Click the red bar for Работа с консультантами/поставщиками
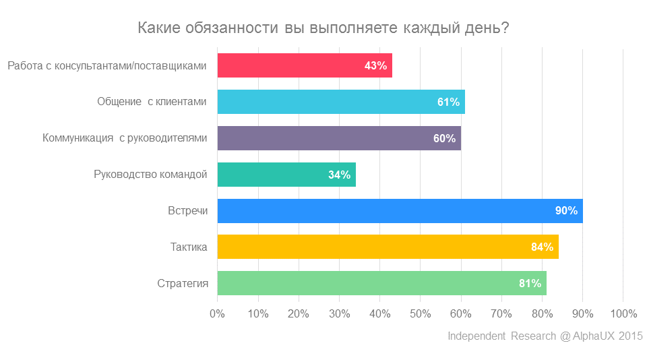[304, 65]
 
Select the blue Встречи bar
[400, 211]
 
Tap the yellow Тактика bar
[388, 247]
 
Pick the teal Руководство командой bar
[286, 175]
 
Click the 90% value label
[566, 211]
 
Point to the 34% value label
[339, 175]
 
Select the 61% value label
[448, 102]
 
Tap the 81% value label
[530, 284]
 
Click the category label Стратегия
[182, 284]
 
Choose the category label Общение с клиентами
[152, 102]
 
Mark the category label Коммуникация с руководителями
[125, 139]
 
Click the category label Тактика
[189, 247]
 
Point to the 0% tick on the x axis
[217, 313]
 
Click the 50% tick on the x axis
[420, 313]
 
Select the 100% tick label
[623, 313]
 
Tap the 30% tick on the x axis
[339, 313]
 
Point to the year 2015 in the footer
[630, 336]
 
